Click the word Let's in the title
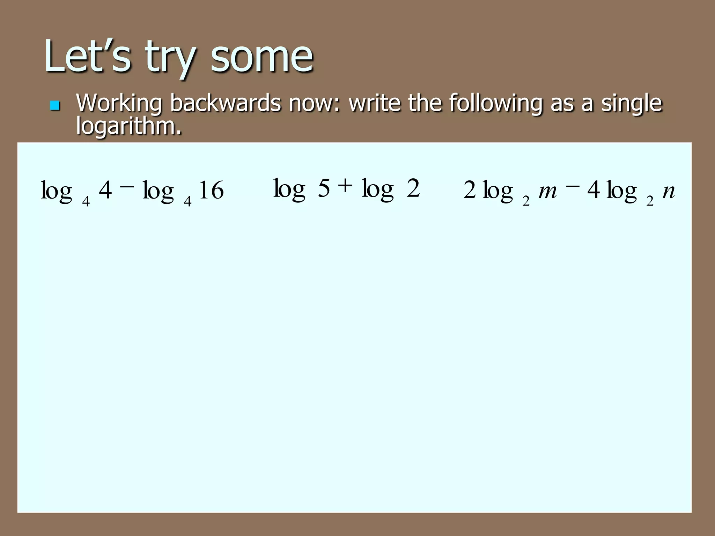coord(87,56)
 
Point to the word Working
coord(119,103)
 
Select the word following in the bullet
coord(496,103)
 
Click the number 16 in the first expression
coord(211,191)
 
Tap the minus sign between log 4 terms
coord(127,187)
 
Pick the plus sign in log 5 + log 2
coord(345,186)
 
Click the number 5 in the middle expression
coord(324,188)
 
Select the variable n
coord(669,191)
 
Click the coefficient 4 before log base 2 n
coord(594,191)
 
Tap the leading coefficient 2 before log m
coord(470,191)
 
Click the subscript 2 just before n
coord(650,201)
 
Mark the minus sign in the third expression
coord(572,187)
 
